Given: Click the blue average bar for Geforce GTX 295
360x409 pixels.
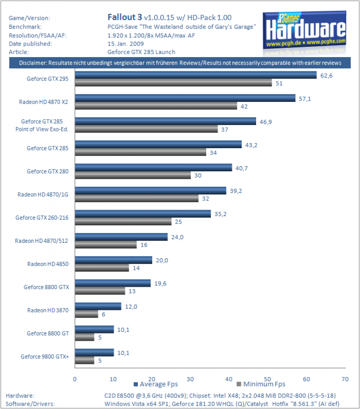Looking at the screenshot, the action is [x=196, y=75].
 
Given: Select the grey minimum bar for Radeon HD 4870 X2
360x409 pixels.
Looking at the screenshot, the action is [x=156, y=106].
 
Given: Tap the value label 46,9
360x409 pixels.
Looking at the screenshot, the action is [x=266, y=122].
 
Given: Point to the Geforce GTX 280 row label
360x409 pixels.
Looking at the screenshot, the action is [x=48, y=171].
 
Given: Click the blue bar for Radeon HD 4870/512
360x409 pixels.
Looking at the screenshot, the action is [x=121, y=237].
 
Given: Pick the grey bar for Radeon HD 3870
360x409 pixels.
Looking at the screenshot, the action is [x=87, y=314].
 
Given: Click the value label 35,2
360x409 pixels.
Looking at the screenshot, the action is [x=221, y=214].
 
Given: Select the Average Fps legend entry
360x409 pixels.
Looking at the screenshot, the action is [x=156, y=384].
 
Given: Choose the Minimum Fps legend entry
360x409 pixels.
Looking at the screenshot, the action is [x=261, y=384].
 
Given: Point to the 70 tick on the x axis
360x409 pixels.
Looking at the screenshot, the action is [x=345, y=379].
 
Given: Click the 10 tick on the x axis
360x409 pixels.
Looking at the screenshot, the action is [x=113, y=379].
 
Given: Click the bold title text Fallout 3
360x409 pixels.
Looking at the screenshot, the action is [x=125, y=17].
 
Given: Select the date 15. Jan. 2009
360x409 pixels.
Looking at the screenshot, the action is [x=125, y=44].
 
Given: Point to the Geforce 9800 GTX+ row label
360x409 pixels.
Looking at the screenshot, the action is [x=45, y=357].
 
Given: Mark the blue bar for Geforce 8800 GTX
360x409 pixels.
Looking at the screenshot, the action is [x=113, y=283].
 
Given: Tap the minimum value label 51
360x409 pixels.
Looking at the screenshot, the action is [x=279, y=83].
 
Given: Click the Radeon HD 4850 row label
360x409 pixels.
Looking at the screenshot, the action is [x=48, y=264].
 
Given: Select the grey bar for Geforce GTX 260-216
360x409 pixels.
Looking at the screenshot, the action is [x=123, y=221].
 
